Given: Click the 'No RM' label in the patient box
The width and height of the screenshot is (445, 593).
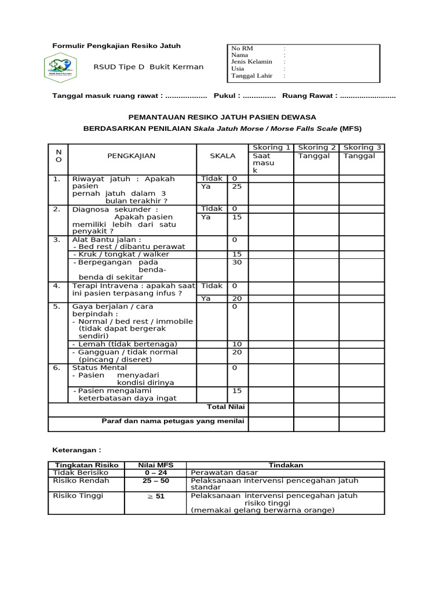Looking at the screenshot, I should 242,49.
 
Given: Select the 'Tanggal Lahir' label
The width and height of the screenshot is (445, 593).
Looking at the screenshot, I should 251,76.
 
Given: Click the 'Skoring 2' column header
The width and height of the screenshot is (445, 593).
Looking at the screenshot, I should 316,148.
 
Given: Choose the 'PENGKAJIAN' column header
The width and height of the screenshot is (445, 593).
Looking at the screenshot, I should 132,156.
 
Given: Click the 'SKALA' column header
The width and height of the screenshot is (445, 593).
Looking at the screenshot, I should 222,156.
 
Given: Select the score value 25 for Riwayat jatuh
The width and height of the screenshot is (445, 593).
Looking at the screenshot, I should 236,187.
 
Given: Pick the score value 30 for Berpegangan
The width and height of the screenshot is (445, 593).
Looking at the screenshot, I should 236,262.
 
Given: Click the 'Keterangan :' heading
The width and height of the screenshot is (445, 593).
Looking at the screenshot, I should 77,449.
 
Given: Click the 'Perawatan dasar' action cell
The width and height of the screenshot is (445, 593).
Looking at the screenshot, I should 217,473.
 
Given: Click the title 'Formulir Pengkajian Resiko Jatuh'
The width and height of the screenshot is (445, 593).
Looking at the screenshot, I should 116,46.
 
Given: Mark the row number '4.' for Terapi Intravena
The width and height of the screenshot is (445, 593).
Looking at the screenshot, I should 57,285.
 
